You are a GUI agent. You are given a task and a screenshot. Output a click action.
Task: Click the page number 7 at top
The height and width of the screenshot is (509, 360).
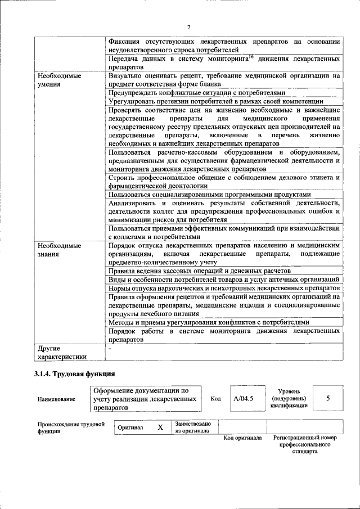pos(189,28)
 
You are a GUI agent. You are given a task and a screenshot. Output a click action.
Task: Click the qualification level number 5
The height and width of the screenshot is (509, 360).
pos(327,398)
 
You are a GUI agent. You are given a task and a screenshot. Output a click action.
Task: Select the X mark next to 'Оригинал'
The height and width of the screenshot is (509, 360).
pos(160,427)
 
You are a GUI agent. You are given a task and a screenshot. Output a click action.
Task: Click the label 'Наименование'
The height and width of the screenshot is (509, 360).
pos(56,399)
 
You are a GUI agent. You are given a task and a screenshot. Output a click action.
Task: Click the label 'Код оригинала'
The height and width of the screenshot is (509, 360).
pos(242,438)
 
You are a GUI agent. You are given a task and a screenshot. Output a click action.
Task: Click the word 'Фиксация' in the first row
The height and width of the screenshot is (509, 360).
pos(125,41)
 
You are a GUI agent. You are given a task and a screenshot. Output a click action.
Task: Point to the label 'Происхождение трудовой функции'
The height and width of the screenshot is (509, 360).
pos(71,427)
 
